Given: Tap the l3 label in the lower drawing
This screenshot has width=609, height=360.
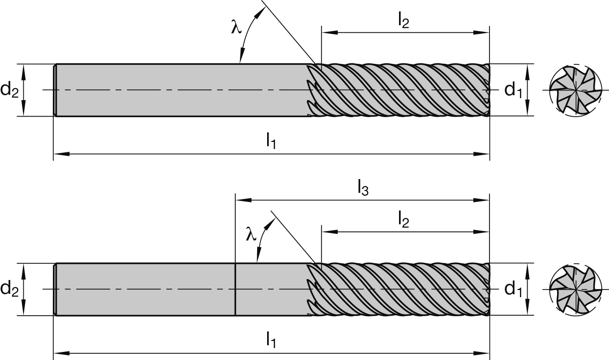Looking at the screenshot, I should click(x=363, y=189).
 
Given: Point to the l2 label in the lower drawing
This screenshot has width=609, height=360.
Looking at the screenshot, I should click(x=403, y=220).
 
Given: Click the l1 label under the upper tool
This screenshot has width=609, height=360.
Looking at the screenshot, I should click(x=270, y=140).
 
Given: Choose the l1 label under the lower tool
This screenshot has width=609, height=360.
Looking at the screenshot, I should click(x=270, y=340).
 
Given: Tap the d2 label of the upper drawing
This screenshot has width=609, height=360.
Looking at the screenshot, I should click(x=10, y=90).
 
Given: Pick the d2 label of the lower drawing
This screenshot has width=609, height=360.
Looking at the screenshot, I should click(x=10, y=289).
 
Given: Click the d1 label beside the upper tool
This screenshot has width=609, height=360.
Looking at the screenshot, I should click(x=512, y=90).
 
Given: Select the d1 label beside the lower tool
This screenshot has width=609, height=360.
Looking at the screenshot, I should click(x=512, y=289).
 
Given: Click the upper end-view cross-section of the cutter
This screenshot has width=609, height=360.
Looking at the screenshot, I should click(x=575, y=90).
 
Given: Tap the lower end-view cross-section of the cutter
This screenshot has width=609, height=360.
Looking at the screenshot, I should click(x=575, y=289).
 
